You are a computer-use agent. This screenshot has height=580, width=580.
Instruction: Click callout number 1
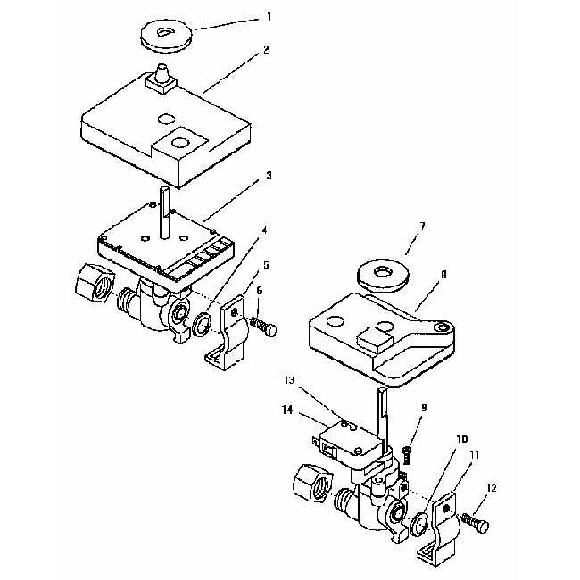[x=269, y=17]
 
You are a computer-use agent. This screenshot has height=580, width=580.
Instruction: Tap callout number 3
[x=269, y=175]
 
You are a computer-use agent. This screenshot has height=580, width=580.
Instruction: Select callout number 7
[x=422, y=227]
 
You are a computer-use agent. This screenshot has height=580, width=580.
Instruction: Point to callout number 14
[x=287, y=410]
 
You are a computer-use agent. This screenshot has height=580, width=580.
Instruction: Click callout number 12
[x=492, y=488]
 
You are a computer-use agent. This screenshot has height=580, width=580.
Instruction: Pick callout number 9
[x=424, y=408]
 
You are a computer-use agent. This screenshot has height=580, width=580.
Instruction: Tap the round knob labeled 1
[x=167, y=36]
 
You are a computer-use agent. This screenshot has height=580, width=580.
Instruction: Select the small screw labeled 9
[x=407, y=455]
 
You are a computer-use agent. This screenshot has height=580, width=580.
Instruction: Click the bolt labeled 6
[x=263, y=326]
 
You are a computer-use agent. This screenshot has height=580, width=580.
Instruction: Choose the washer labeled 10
[x=420, y=524]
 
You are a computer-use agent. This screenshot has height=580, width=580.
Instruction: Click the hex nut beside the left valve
[x=95, y=283]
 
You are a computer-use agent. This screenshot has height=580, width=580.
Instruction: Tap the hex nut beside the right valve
[x=312, y=483]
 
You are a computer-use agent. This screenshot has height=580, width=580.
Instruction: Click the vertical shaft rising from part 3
[x=165, y=213]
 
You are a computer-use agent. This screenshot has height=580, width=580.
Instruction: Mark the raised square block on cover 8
[x=375, y=338]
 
